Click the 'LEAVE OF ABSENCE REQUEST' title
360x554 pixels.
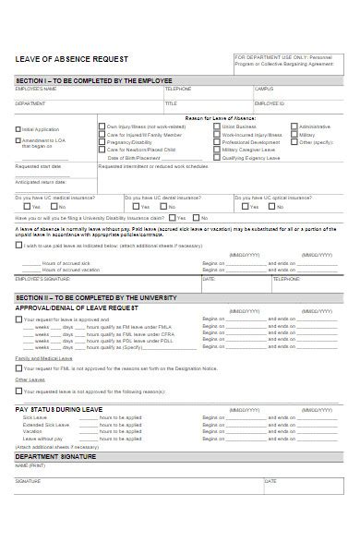pos(72,59)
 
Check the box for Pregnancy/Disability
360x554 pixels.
pos(102,143)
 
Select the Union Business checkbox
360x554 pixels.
pos(217,126)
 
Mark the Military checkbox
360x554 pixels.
pos(294,135)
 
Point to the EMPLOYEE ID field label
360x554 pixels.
pos(270,104)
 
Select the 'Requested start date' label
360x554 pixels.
pos(38,166)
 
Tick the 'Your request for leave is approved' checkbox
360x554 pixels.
pos(18,319)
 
